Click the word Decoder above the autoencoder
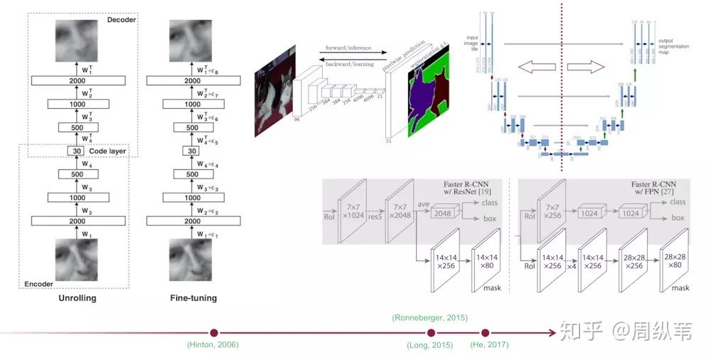tap(122, 20)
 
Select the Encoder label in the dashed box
tap(39, 283)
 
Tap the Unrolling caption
tap(77, 298)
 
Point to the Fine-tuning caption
tap(193, 298)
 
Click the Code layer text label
tap(109, 151)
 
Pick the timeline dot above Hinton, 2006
tap(213, 332)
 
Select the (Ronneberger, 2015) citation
tap(430, 317)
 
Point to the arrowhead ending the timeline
tap(551, 332)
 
